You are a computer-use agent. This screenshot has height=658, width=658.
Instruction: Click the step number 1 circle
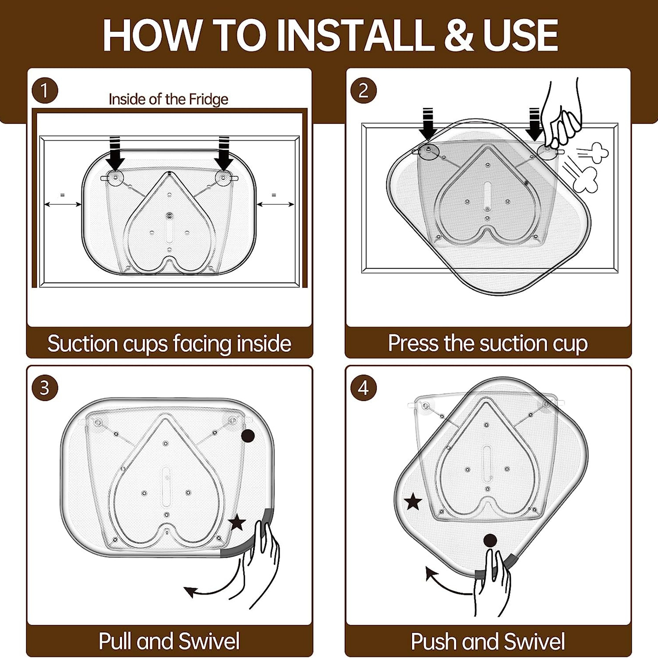pos(44,90)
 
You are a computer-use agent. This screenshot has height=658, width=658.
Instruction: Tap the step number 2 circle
pos(363,90)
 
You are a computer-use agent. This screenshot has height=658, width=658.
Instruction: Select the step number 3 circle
pos(44,388)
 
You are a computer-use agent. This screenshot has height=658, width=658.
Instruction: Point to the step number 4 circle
pos(363,388)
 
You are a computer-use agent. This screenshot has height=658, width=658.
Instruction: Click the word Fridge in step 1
pos(209,100)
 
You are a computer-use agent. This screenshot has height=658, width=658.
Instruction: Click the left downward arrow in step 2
pos(428,124)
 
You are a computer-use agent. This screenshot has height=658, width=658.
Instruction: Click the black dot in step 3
pos(248,436)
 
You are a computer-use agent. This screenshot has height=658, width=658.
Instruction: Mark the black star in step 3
pos(237,523)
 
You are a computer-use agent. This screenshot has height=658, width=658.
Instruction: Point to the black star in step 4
pos(413,502)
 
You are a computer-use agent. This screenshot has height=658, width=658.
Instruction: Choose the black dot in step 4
pos(490,540)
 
